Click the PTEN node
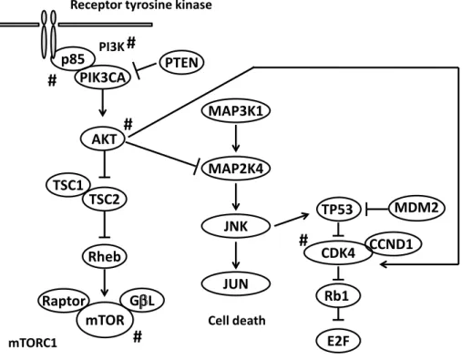[x=181, y=63]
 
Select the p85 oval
[x=73, y=58]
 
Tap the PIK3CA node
[x=103, y=77]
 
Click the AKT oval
[x=103, y=139]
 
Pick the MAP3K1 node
[x=236, y=110]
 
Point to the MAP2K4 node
[x=236, y=168]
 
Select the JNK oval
[x=236, y=226]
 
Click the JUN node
[x=236, y=283]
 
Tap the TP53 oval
[x=338, y=209]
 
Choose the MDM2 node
[x=416, y=208]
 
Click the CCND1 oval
[x=392, y=243]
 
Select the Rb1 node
[x=338, y=295]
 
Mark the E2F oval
[x=338, y=341]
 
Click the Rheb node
[x=105, y=256]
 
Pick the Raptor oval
[x=64, y=301]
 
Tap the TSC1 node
[x=68, y=185]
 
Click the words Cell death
[x=237, y=321]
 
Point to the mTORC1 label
[x=33, y=344]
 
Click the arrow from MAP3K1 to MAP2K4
[x=236, y=139]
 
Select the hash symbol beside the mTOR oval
[x=138, y=336]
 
